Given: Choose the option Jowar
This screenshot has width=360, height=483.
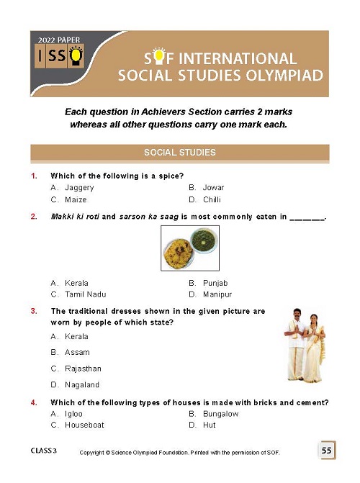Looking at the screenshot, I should point(214,187).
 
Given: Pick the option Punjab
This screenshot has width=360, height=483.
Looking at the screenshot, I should point(216,283).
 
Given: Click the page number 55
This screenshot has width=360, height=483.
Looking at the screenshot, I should point(326,451).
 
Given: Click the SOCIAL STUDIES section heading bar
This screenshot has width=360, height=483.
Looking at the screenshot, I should point(180,153).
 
